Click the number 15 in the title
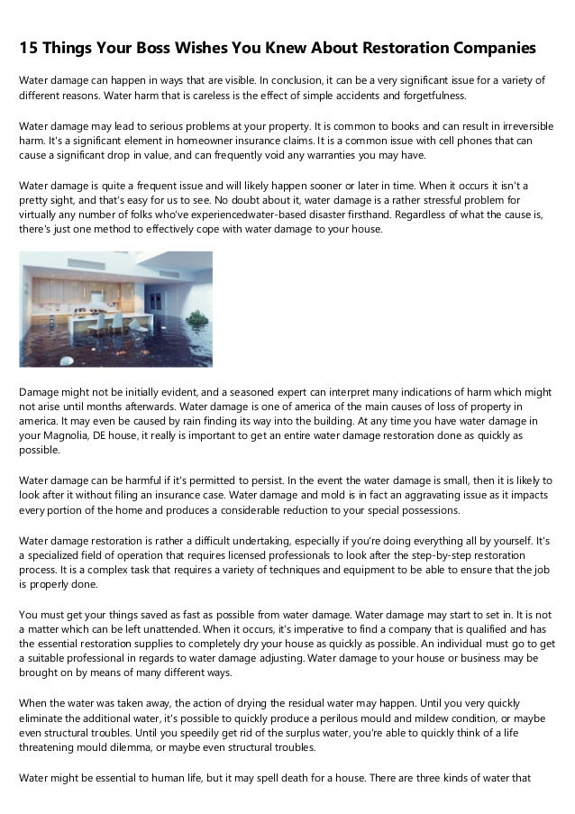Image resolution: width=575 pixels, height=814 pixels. click(x=30, y=47)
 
